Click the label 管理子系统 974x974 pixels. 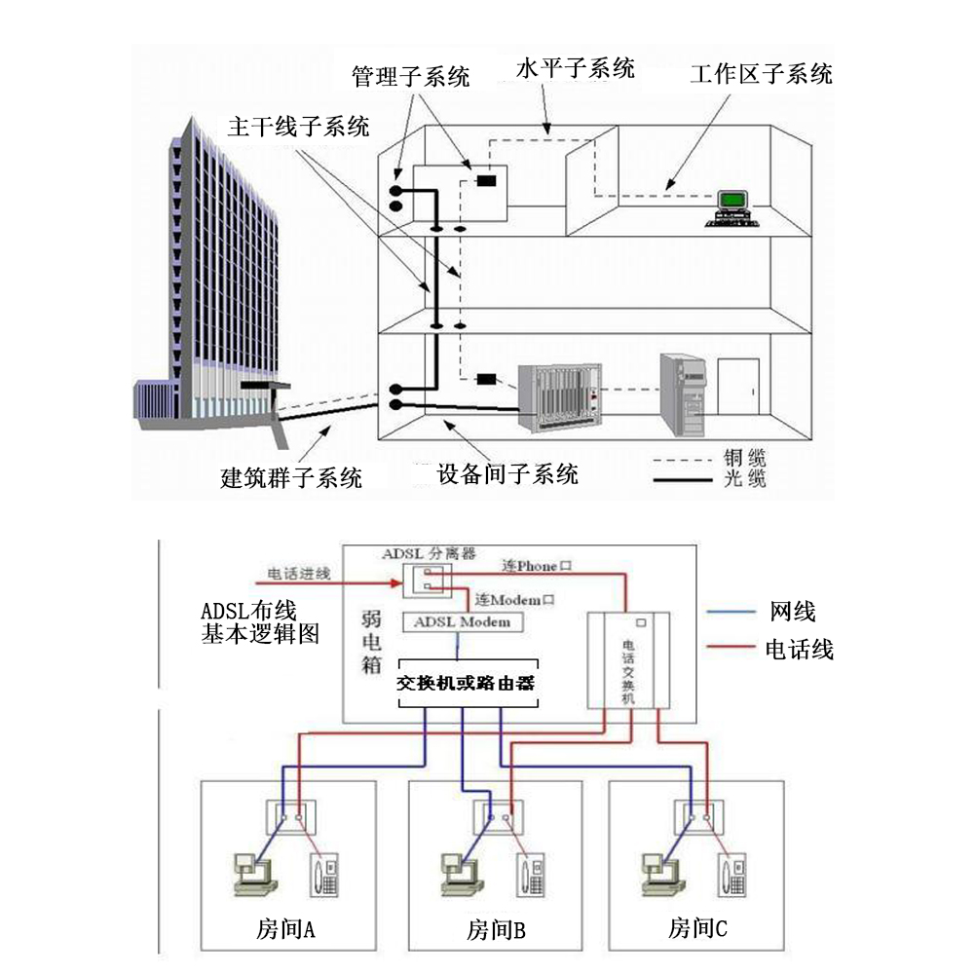pos(410,75)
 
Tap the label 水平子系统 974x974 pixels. pos(575,68)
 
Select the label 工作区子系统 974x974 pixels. pos(761,74)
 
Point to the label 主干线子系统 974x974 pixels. pos(298,127)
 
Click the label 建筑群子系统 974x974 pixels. pos(292,478)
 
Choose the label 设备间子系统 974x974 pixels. pos(507,474)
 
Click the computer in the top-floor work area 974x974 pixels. pos(731,206)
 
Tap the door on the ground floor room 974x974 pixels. pos(738,389)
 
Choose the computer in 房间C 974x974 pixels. pos(662,872)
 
